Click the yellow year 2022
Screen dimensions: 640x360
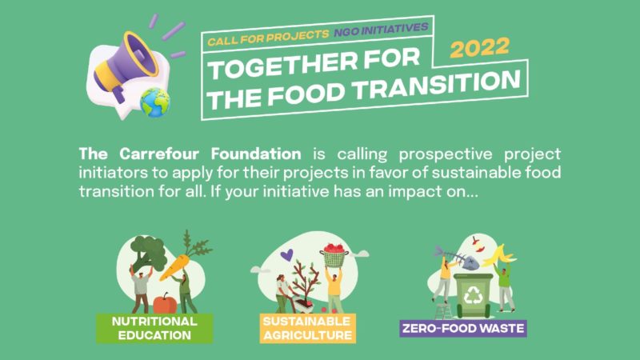point(479,48)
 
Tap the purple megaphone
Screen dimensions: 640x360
point(126,66)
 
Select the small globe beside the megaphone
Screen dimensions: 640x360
point(154,103)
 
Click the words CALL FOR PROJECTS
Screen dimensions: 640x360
point(268,37)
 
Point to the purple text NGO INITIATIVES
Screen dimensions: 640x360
point(382,30)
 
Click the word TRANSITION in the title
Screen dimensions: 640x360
point(437,86)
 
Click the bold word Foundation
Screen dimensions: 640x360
point(256,154)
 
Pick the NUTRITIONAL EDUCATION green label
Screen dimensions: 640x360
point(154,328)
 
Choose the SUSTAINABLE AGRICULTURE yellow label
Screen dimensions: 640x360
point(308,328)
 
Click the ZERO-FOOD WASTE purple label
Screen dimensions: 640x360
point(463,328)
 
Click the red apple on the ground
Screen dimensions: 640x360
point(165,304)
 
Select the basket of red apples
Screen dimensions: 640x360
point(334,255)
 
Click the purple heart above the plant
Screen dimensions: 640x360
point(287,255)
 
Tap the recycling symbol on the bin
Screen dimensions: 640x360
point(474,294)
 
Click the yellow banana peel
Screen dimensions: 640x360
point(500,255)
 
